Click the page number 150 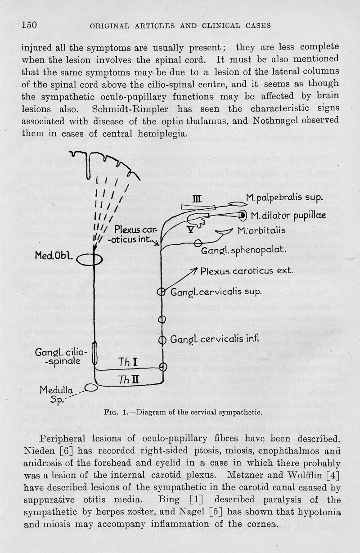point(29,25)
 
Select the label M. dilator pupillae point(288,215)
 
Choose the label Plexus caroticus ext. point(246,271)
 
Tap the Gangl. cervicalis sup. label point(216,292)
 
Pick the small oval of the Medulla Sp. point(92,387)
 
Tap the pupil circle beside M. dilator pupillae point(243,215)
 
